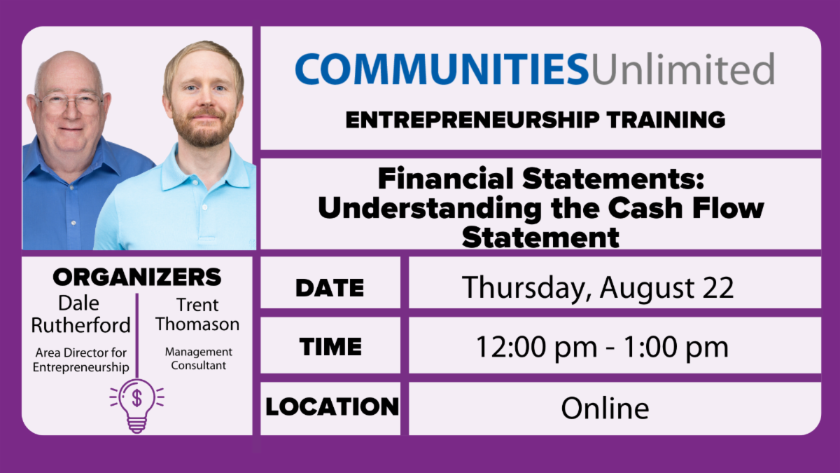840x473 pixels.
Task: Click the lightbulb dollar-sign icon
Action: click(x=136, y=404)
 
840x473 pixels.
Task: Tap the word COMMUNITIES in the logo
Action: click(x=441, y=69)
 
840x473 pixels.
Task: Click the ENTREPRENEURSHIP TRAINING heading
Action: click(x=535, y=120)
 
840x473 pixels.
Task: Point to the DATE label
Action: click(x=330, y=287)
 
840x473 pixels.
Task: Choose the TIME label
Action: click(x=330, y=347)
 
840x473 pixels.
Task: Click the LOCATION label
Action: click(x=332, y=406)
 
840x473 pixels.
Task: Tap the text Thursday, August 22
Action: click(x=598, y=287)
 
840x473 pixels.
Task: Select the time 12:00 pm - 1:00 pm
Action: click(x=602, y=347)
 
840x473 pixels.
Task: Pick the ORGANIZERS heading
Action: click(x=136, y=277)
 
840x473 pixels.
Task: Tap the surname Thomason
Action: click(x=197, y=324)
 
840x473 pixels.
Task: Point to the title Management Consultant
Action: click(x=198, y=359)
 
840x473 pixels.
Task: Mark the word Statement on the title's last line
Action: click(x=540, y=237)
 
